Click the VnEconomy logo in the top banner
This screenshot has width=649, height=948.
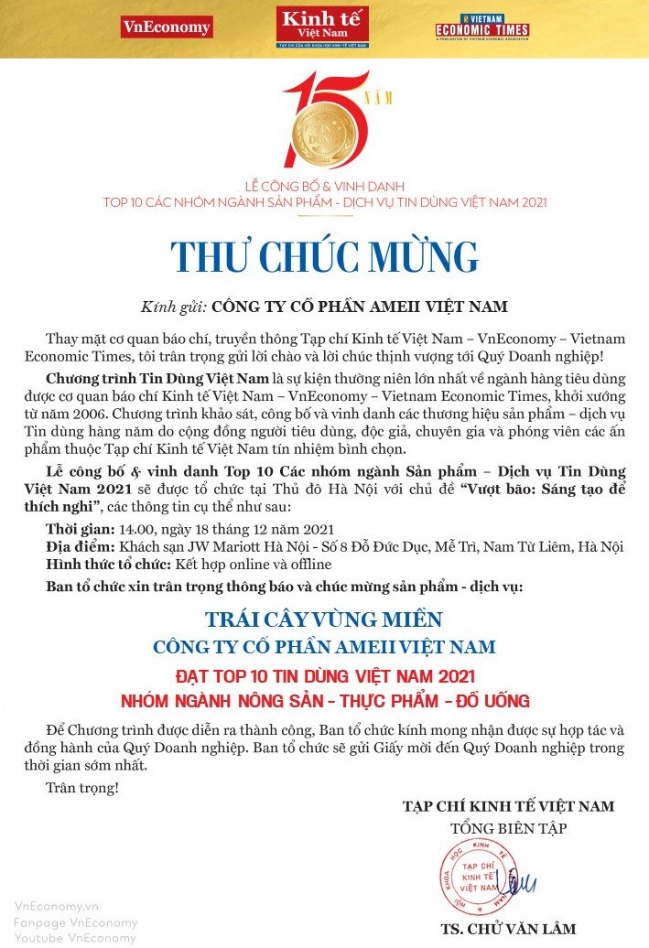tap(166, 27)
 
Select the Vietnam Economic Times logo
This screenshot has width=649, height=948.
tap(482, 27)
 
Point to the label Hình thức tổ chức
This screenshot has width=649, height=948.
tap(107, 564)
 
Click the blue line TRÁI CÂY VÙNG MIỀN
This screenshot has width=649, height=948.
tap(324, 619)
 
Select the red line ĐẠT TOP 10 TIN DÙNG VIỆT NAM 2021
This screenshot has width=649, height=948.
tap(324, 677)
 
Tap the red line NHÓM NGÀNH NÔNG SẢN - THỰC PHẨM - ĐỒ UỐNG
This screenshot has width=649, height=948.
tap(324, 702)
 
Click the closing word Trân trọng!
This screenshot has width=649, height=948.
tap(81, 787)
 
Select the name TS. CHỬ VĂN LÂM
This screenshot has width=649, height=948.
tap(508, 929)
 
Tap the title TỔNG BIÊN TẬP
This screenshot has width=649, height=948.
tap(508, 829)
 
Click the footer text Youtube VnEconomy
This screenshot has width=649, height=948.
tap(75, 938)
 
